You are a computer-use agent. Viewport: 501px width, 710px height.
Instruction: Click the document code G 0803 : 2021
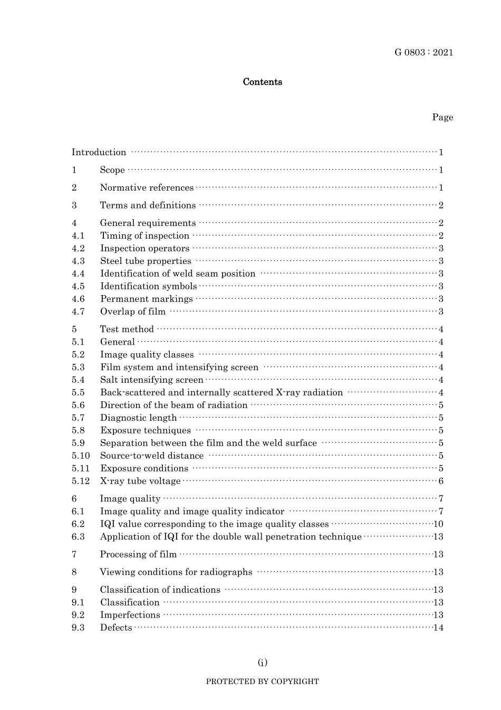point(423,52)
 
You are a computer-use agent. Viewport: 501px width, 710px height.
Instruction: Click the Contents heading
point(262,82)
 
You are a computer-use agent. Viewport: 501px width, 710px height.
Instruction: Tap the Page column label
point(442,117)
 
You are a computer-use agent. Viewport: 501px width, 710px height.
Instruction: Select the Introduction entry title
point(99,153)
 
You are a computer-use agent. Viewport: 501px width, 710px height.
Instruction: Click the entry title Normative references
point(147,188)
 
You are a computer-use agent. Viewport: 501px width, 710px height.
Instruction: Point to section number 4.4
point(78,273)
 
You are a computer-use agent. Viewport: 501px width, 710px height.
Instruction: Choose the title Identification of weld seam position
point(178,273)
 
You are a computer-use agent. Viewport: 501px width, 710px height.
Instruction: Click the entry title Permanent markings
point(147,299)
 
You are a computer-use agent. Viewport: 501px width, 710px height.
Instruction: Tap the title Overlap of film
point(133,311)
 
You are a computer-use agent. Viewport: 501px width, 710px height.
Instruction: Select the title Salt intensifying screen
point(151,380)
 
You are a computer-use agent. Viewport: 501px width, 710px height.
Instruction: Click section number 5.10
point(81,456)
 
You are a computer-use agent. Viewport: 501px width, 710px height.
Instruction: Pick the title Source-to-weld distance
point(152,456)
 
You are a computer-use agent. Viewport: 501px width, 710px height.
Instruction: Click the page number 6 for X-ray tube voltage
point(441,481)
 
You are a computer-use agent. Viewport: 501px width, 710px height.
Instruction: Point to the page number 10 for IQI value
point(438,524)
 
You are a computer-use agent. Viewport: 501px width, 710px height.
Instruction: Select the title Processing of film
point(138,554)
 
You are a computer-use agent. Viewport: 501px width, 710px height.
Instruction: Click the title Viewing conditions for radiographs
point(176,572)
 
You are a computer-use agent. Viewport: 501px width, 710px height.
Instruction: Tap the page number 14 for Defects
point(438,628)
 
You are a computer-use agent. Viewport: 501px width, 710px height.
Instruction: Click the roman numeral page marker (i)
point(262,662)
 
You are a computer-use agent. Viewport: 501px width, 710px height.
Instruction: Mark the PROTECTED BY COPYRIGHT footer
point(262,681)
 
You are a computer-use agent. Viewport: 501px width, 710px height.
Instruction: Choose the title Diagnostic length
point(138,418)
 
